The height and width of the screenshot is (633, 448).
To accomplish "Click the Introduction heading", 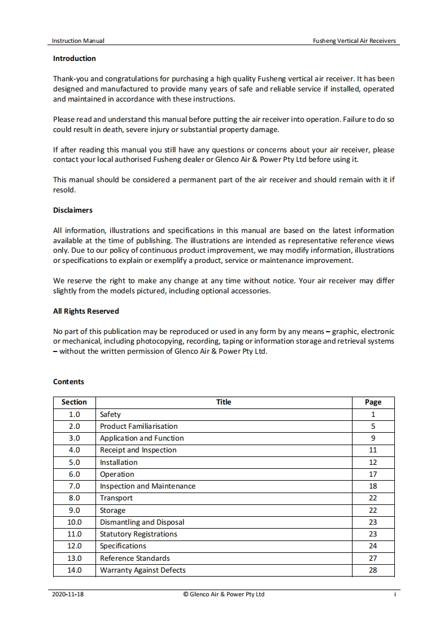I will point(75,58).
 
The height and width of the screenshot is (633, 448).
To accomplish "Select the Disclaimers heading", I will point(73,210).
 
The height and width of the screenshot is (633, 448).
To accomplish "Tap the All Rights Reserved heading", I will point(86,311).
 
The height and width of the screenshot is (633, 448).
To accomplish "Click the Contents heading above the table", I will point(68,381).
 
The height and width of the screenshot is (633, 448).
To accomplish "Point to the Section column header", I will point(74,402).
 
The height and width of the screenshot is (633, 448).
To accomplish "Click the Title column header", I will point(224,402).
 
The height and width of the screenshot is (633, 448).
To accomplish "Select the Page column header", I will point(373,402).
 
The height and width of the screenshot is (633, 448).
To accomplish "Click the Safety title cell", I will point(110,414).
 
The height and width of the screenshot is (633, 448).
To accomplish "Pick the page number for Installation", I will point(373,462).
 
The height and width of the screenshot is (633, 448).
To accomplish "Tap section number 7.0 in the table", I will point(74,486).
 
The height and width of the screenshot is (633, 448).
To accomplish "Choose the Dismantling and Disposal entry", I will point(142,522).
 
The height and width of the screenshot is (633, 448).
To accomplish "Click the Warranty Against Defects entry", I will point(142,570).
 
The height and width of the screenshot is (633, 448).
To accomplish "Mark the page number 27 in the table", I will point(373,558).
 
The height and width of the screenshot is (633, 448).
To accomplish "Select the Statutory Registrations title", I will point(138,534).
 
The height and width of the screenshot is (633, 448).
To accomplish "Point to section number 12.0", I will point(74,546).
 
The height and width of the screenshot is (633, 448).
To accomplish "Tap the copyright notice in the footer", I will point(224,594).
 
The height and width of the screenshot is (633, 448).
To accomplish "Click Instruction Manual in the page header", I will point(78,41).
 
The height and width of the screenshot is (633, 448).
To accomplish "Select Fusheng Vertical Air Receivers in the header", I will point(354,41).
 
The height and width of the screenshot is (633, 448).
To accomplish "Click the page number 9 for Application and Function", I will point(373,438).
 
